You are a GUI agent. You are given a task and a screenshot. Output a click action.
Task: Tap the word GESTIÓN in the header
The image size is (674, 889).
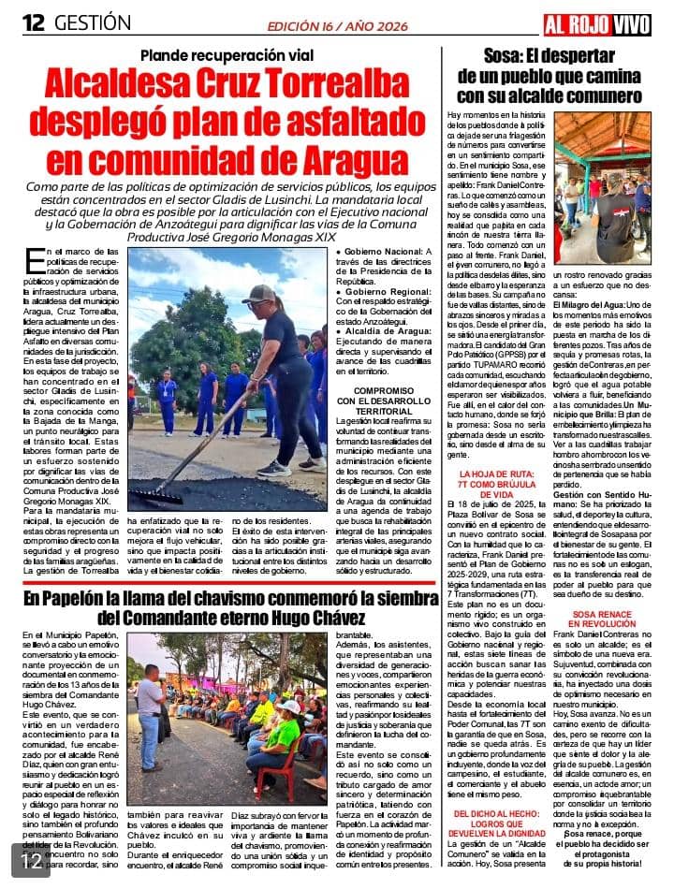tap(93, 22)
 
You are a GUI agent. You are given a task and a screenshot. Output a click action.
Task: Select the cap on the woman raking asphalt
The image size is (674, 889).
tap(257, 295)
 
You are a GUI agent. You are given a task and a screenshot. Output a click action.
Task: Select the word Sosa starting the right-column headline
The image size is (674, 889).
tap(506, 55)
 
